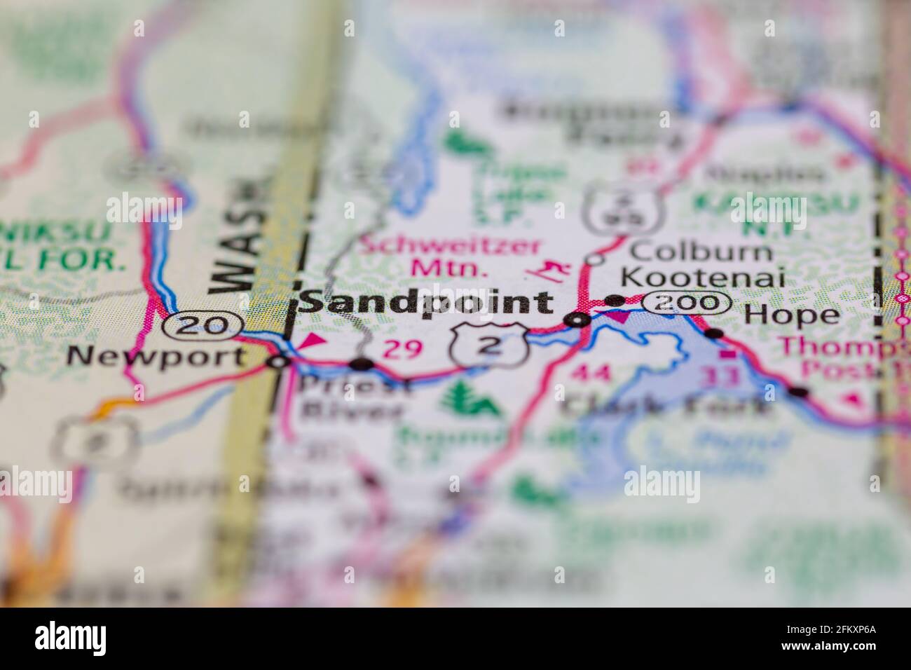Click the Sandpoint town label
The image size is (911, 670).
point(425,302)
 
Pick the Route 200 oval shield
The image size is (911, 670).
point(687,303)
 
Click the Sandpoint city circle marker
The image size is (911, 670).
point(578,320)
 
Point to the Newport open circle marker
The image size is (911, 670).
point(278,362)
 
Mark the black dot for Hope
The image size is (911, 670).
point(713,333)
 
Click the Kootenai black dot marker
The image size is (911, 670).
point(615,300)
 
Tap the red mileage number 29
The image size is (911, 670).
point(402,349)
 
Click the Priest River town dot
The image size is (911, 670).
point(361,363)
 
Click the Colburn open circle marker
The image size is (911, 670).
point(595,259)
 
